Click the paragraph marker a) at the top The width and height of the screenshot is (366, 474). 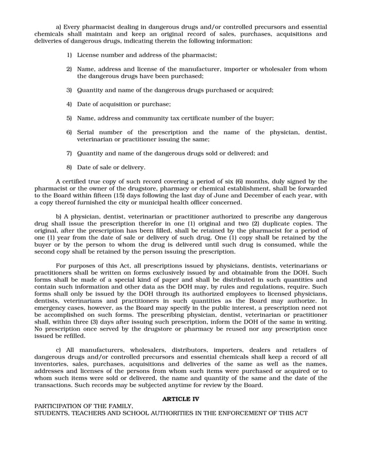tap(59, 26)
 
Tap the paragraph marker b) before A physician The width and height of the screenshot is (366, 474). tap(59, 216)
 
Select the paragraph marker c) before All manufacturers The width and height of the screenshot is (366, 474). tap(59, 350)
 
